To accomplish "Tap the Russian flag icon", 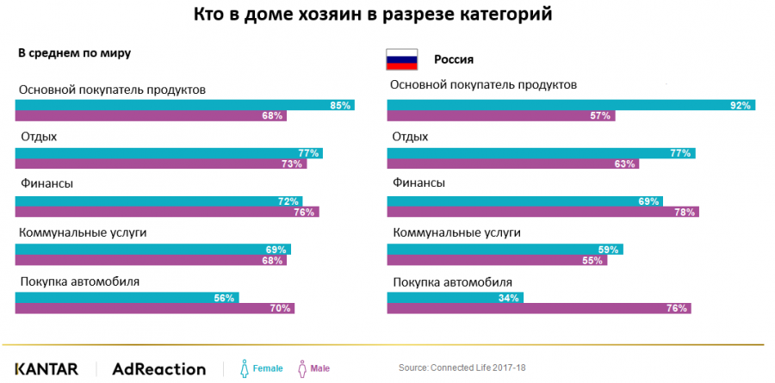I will point(400,60).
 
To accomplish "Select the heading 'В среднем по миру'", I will point(74,53).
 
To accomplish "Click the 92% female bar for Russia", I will point(570,105).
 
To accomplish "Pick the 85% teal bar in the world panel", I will point(185,105).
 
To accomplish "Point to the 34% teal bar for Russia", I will point(456,298).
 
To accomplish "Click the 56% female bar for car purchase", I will point(127,298).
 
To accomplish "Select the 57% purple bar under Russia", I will point(501,115).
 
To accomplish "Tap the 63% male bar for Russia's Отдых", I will point(513,164).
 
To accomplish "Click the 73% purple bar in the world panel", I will point(161,164).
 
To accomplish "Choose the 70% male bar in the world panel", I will point(155,308).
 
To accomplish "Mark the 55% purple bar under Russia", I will point(497,260).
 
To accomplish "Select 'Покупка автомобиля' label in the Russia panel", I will point(452,281).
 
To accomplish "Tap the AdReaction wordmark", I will point(159,368).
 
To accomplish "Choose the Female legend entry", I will point(260,368).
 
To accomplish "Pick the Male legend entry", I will point(313,368).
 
